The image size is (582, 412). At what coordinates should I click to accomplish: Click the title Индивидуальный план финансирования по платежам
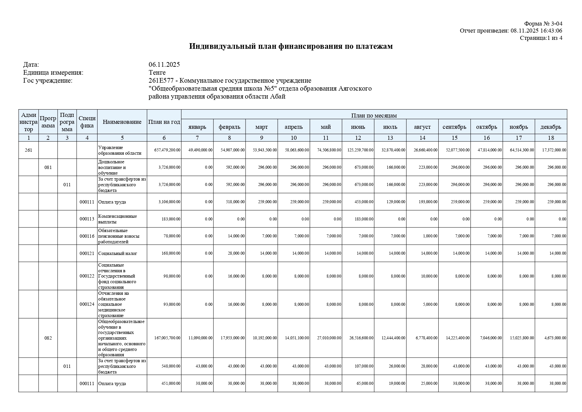[x=291, y=46]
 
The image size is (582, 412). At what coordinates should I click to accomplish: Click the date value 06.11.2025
[x=164, y=64]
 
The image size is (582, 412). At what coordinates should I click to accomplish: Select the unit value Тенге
[x=157, y=72]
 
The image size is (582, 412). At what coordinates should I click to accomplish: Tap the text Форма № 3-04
[x=543, y=24]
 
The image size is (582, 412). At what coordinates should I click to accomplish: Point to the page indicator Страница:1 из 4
[x=541, y=38]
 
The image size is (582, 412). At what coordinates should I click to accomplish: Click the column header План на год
[x=164, y=122]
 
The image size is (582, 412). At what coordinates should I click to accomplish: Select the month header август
[x=422, y=127]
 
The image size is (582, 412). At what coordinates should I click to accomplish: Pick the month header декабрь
[x=550, y=127]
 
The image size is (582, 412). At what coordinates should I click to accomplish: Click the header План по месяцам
[x=374, y=115]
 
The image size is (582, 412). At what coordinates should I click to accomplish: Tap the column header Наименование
[x=122, y=122]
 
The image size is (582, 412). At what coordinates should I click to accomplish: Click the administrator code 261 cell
[x=29, y=150]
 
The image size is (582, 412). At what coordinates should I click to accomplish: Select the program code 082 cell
[x=48, y=338]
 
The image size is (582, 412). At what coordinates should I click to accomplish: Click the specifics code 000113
[x=87, y=219]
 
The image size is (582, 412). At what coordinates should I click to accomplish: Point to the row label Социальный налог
[x=118, y=253]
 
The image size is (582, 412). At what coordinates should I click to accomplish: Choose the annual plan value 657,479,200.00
[x=167, y=150]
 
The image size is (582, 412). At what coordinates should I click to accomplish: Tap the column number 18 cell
[x=550, y=138]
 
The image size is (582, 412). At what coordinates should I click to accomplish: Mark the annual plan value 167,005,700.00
[x=167, y=338]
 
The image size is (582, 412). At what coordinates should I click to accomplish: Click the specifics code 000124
[x=87, y=304]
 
